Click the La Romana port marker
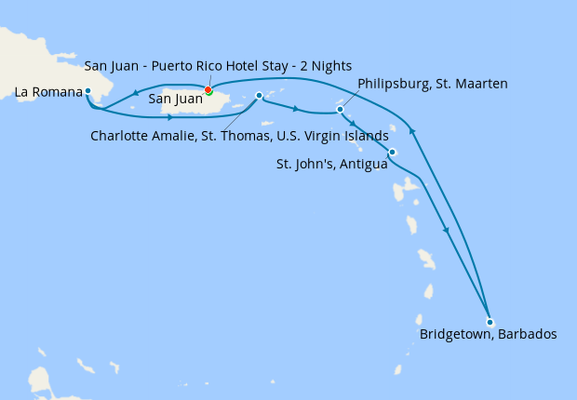pyautogui.click(x=87, y=91)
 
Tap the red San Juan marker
pyautogui.click(x=208, y=90)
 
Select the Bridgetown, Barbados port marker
pyautogui.click(x=490, y=322)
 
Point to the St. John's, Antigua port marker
pyautogui.click(x=393, y=152)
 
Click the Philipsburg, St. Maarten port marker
pyautogui.click(x=341, y=110)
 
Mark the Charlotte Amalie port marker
pyautogui.click(x=258, y=95)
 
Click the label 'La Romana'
pyautogui.click(x=48, y=92)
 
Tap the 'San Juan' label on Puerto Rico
pyautogui.click(x=176, y=98)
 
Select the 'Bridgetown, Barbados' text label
pyautogui.click(x=488, y=335)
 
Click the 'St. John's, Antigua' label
pyautogui.click(x=331, y=164)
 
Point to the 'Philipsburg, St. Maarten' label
pyautogui.click(x=432, y=85)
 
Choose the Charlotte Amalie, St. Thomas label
pyautogui.click(x=239, y=136)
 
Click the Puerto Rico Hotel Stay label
pyautogui.click(x=218, y=65)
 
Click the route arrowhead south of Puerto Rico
pyautogui.click(x=169, y=117)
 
